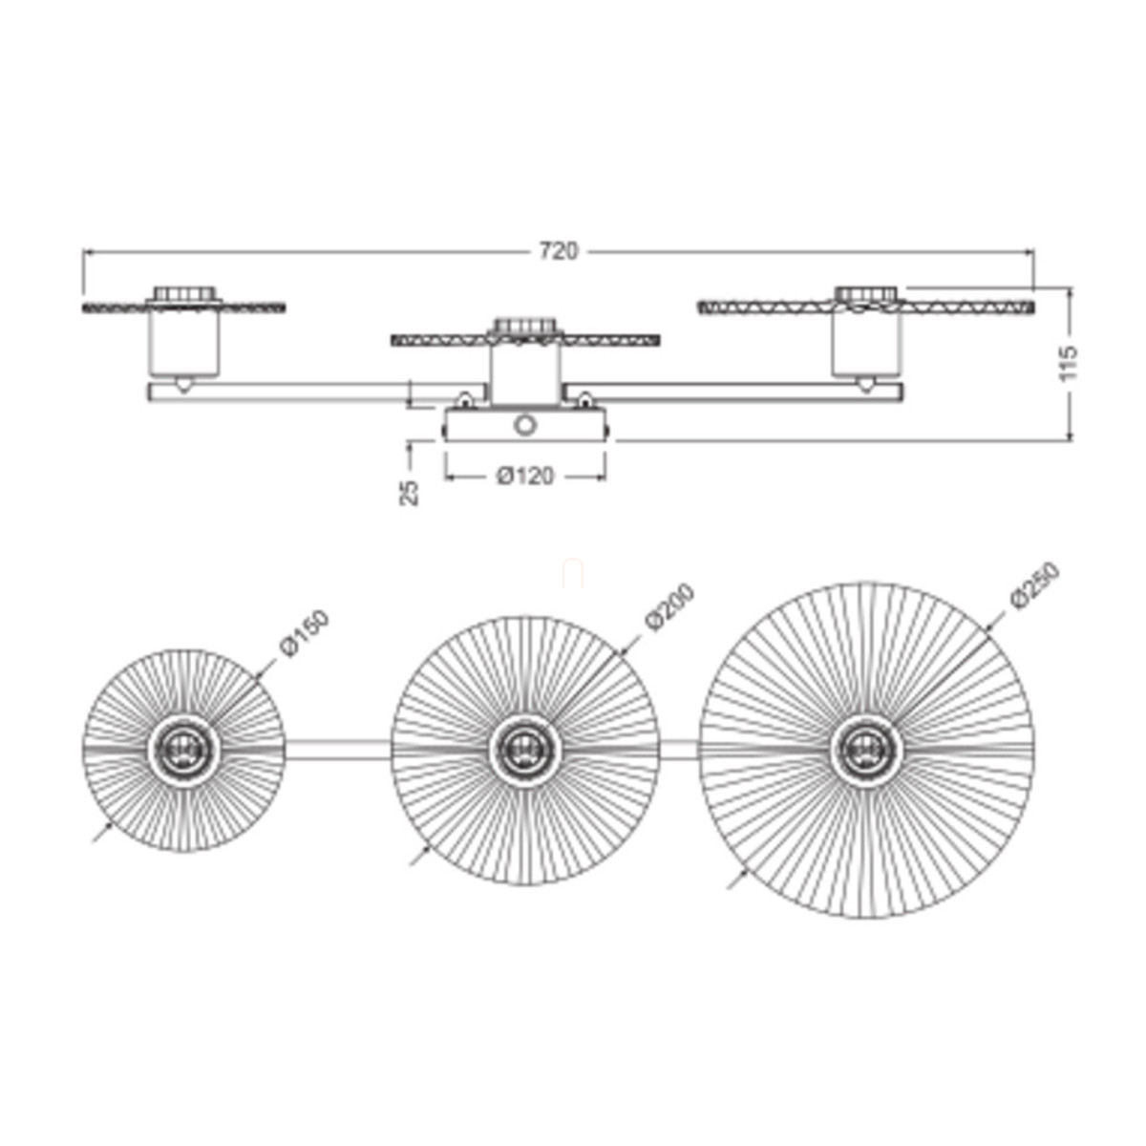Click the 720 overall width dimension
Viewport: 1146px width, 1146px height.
(558, 251)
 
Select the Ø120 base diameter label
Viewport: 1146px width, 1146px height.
(525, 476)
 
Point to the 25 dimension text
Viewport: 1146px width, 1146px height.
(409, 493)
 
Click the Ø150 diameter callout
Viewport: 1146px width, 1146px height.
(304, 633)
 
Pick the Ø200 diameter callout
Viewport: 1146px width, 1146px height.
(669, 606)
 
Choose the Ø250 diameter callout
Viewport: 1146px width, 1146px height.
(1034, 585)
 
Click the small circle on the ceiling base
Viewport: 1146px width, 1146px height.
(525, 425)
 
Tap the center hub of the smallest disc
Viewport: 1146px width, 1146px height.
(183, 752)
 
